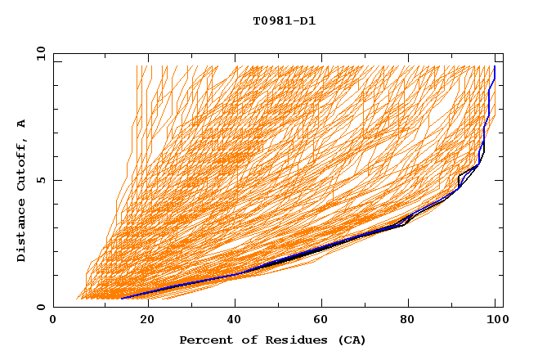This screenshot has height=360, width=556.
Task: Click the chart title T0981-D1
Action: click(x=284, y=21)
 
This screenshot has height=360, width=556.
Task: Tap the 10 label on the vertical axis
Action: click(x=38, y=53)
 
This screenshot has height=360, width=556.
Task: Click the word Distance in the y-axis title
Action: click(x=22, y=232)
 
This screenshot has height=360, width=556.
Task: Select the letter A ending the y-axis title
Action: click(x=22, y=123)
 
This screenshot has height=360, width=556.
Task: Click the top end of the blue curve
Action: click(x=495, y=67)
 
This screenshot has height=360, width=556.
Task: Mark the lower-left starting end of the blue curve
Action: click(x=121, y=299)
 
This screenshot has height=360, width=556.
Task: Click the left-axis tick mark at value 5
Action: click(x=56, y=180)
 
